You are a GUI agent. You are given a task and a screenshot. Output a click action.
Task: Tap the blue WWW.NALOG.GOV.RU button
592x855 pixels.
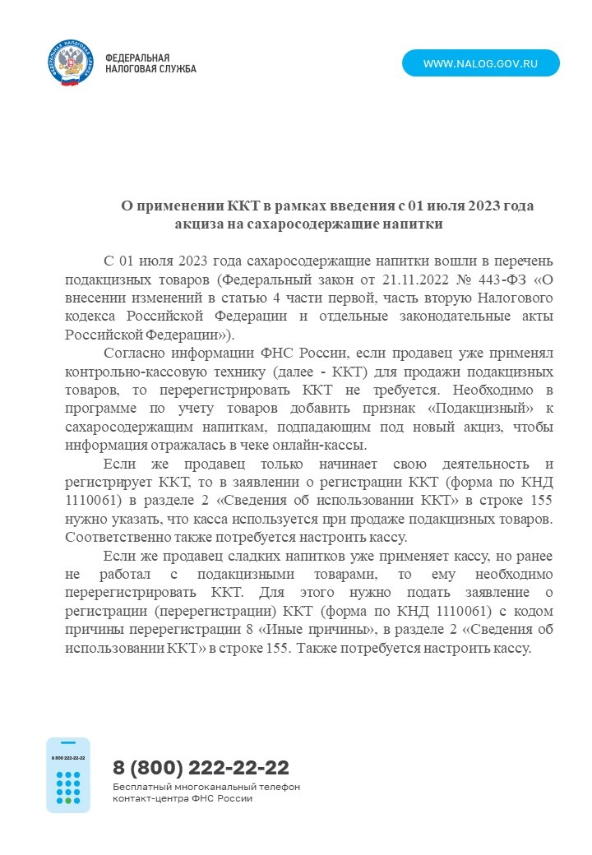click(x=480, y=63)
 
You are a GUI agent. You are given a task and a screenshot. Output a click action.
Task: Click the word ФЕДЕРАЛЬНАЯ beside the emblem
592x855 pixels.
click(x=137, y=58)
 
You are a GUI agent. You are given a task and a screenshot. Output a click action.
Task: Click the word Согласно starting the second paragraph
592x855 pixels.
click(x=132, y=353)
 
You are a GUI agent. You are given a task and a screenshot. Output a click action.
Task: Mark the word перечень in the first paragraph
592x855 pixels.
click(x=520, y=261)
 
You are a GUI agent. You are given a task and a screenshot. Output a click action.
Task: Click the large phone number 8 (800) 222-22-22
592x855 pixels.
click(x=201, y=768)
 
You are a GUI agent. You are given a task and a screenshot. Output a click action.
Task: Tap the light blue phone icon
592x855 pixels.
click(x=68, y=774)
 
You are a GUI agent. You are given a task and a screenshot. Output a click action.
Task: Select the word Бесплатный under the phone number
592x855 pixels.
click(x=141, y=787)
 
